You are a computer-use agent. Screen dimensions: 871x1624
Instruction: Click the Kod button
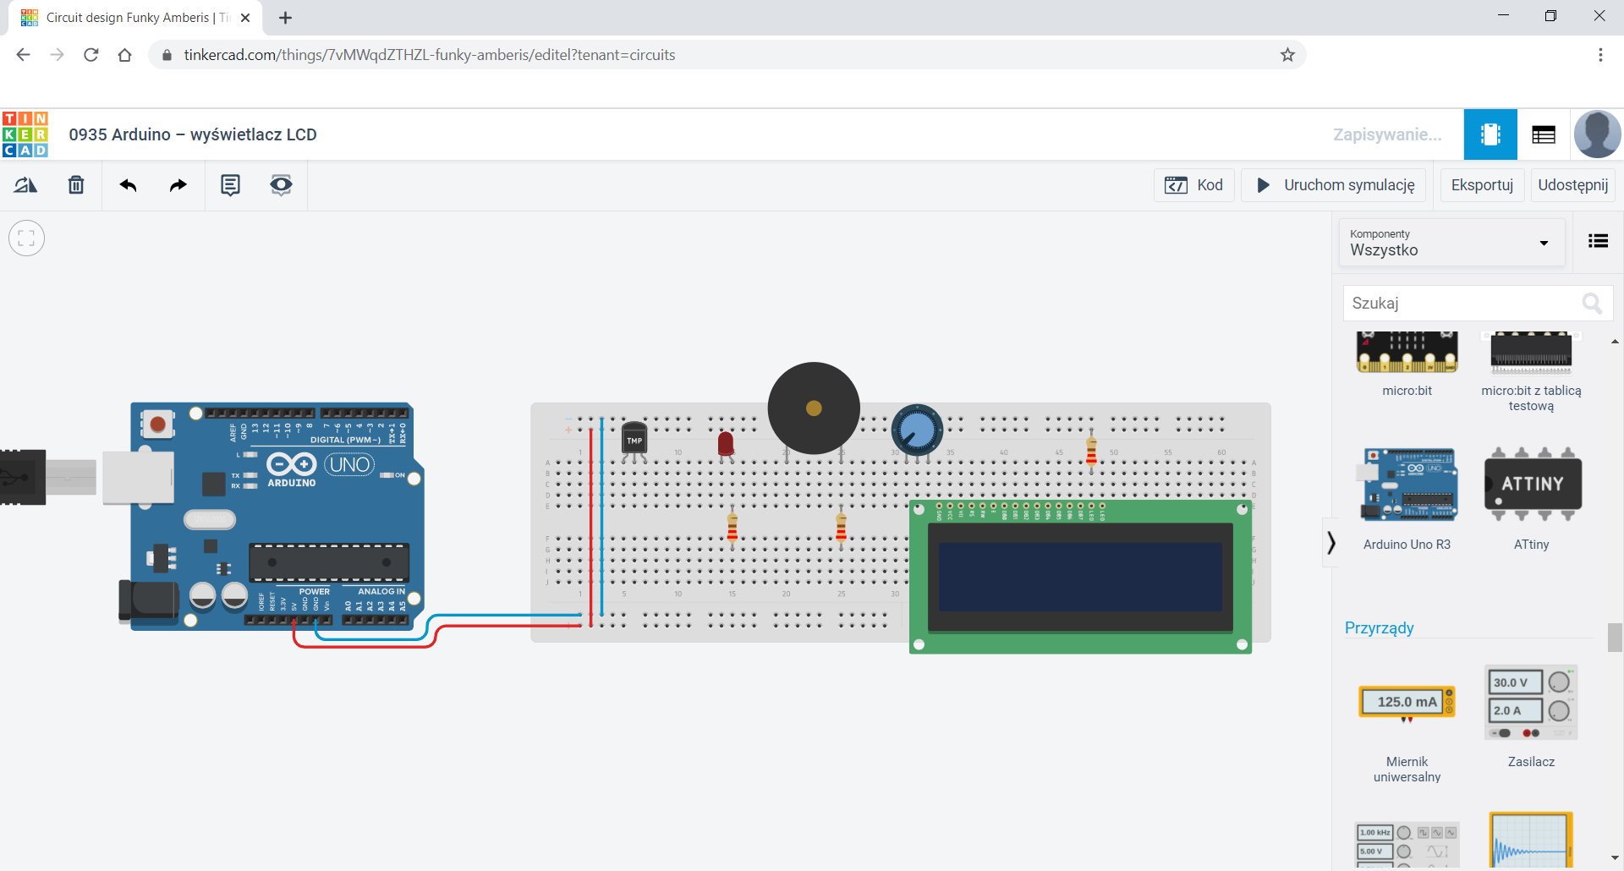pyautogui.click(x=1193, y=185)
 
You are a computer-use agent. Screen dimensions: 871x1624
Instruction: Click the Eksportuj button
pyautogui.click(x=1482, y=185)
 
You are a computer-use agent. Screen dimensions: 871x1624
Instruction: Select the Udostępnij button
pyautogui.click(x=1572, y=185)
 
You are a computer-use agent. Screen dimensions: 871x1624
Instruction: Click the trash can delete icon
pyautogui.click(x=76, y=185)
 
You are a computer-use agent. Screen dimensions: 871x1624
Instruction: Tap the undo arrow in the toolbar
pyautogui.click(x=128, y=185)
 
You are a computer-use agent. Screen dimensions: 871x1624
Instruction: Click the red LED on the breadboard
pyautogui.click(x=726, y=443)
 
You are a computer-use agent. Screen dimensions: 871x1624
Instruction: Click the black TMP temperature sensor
pyautogui.click(x=634, y=438)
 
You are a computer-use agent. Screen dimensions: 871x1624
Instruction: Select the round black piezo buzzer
pyautogui.click(x=814, y=408)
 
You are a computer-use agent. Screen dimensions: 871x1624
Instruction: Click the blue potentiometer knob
pyautogui.click(x=917, y=430)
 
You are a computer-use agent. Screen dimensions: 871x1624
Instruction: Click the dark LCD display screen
pyautogui.click(x=1080, y=577)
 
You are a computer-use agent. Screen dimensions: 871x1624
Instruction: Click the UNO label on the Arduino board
pyautogui.click(x=349, y=464)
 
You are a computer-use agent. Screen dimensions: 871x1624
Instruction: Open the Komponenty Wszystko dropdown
pyautogui.click(x=1451, y=243)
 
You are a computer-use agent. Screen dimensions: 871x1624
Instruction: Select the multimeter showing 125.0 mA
pyautogui.click(x=1407, y=702)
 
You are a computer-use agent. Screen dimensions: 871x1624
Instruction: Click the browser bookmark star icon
pyautogui.click(x=1287, y=55)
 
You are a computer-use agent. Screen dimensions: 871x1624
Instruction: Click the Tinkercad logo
pyautogui.click(x=25, y=134)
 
